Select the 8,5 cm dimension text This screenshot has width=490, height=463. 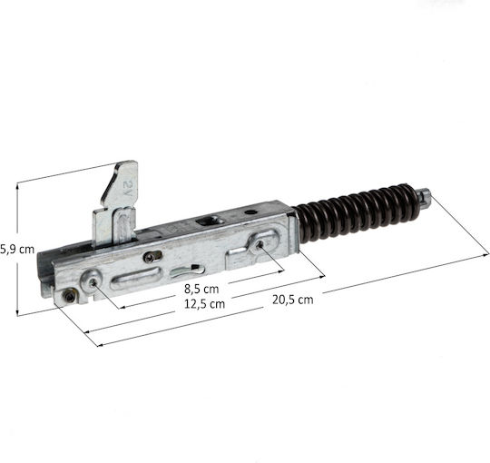tap(201, 290)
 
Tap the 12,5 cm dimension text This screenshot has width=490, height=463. tap(204, 304)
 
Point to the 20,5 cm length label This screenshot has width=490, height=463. tap(292, 300)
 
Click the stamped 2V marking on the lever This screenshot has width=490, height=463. tap(128, 189)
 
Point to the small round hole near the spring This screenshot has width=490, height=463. tap(250, 212)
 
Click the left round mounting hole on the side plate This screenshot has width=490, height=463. tap(93, 283)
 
